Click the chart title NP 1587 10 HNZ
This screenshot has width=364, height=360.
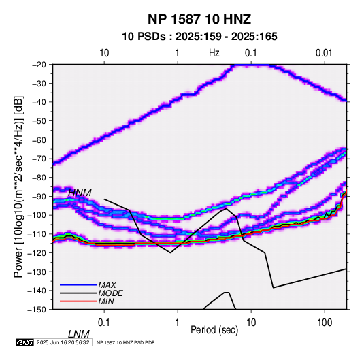[199, 19]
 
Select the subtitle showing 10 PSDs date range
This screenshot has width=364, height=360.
[199, 37]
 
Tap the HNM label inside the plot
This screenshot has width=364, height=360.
[80, 193]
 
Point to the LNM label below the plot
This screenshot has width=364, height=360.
[79, 334]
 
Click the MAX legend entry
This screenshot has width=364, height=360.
[107, 284]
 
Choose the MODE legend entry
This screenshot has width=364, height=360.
[110, 293]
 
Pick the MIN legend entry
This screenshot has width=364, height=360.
[106, 301]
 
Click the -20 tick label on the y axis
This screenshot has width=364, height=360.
[39, 65]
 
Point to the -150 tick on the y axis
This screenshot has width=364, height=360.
[37, 310]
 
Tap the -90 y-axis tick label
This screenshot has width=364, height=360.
[39, 197]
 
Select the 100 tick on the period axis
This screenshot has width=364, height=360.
[324, 323]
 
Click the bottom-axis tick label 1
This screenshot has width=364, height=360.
[178, 323]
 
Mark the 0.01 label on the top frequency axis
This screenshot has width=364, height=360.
[324, 53]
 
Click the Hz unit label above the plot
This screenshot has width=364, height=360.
[214, 53]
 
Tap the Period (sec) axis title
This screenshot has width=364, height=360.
[214, 330]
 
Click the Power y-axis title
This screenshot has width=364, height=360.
[18, 186]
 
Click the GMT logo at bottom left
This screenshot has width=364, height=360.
[24, 342]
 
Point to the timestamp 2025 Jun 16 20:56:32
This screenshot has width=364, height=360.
[63, 342]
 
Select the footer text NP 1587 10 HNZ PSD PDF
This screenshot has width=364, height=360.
[125, 342]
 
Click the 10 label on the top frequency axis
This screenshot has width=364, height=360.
[104, 53]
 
